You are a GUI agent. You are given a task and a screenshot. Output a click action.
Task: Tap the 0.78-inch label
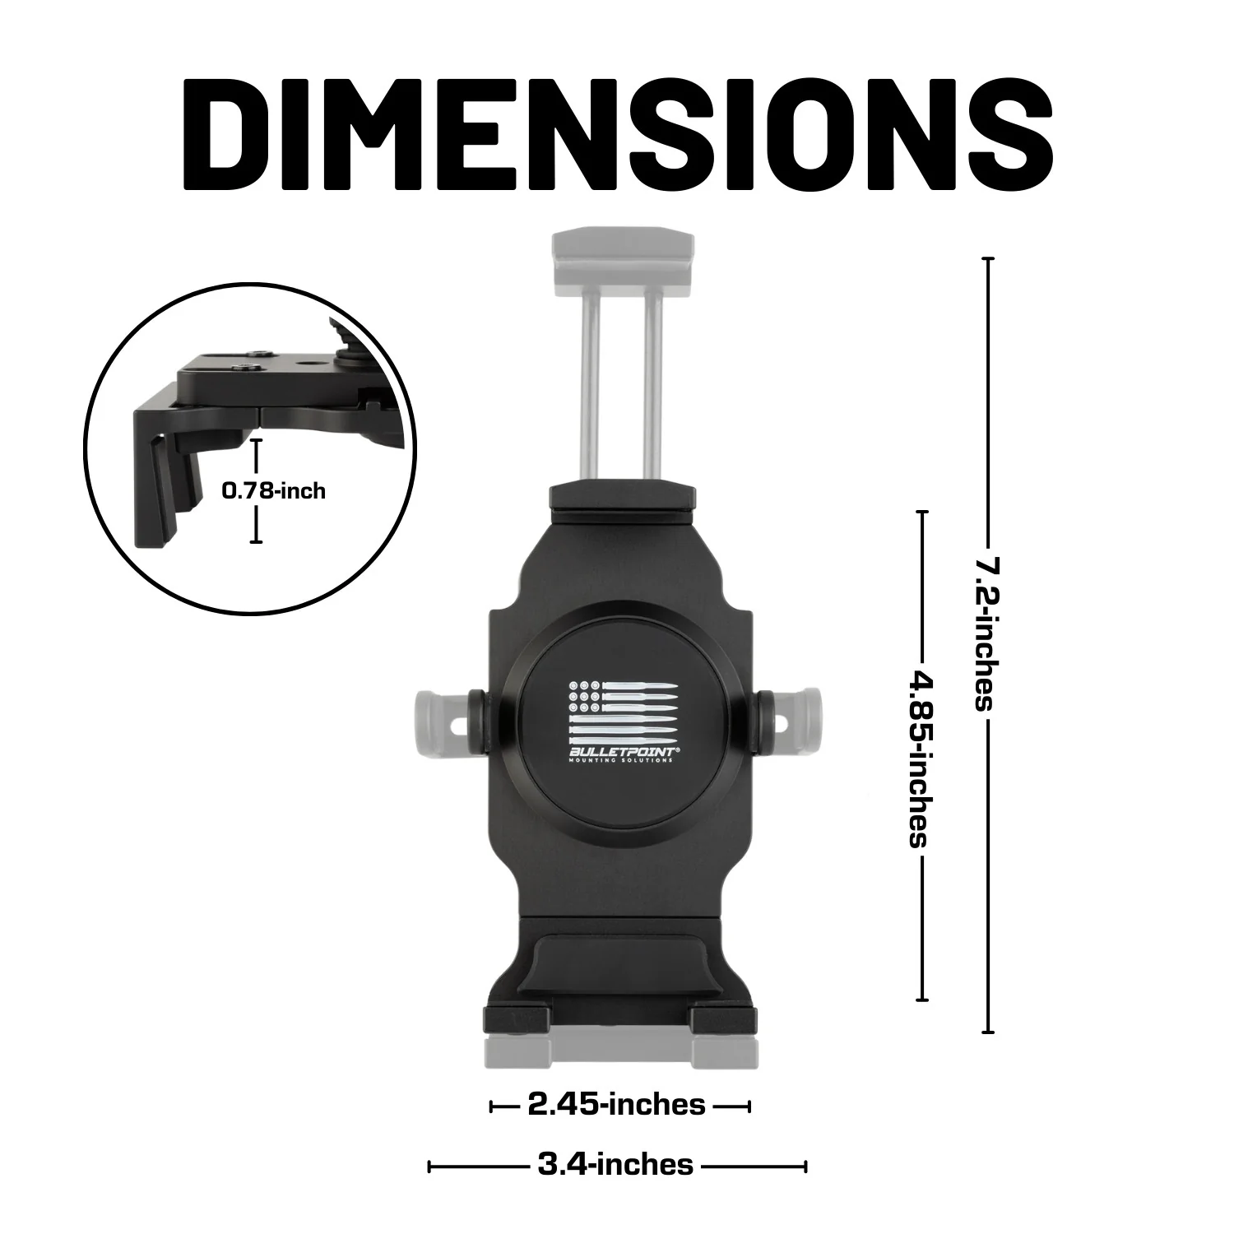tap(273, 491)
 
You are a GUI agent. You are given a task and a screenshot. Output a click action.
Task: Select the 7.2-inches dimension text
tap(986, 633)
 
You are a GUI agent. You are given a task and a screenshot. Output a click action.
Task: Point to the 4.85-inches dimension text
tap(919, 758)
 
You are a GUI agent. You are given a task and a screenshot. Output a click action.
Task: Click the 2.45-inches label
tap(616, 1105)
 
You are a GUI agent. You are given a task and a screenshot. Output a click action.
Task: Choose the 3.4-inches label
tap(615, 1165)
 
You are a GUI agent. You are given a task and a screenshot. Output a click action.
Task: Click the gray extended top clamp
tap(623, 256)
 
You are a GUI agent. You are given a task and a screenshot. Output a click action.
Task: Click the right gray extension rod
tap(654, 387)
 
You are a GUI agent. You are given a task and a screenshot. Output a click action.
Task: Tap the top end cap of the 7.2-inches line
tap(988, 259)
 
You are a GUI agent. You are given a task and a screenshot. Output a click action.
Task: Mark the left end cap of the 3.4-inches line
tap(429, 1167)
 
